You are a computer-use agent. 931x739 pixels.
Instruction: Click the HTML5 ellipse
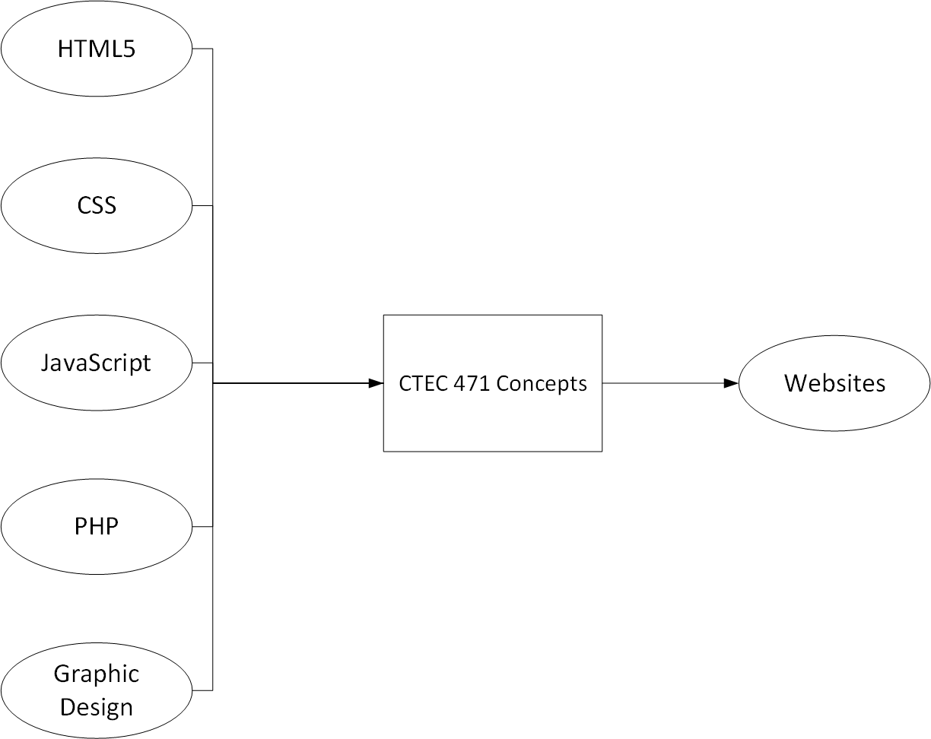tap(97, 49)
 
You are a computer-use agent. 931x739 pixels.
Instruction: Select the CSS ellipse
tap(97, 205)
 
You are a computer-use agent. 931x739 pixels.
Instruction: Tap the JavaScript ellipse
tap(97, 363)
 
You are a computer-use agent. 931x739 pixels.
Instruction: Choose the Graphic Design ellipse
tap(97, 690)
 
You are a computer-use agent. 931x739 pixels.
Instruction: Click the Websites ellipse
tap(834, 383)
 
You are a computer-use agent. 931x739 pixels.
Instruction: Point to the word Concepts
tap(542, 384)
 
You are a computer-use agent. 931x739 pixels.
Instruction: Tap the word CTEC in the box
tap(423, 384)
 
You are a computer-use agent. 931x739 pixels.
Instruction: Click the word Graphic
tap(97, 674)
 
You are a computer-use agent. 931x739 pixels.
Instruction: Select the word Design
tap(97, 707)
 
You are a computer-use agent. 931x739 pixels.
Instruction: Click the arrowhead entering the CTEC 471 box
tap(376, 383)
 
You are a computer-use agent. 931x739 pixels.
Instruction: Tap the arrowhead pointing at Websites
tap(731, 383)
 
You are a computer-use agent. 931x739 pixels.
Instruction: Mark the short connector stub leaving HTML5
tap(202, 49)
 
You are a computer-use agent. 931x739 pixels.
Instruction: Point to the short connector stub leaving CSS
tap(202, 205)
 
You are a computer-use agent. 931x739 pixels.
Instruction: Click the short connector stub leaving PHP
tap(202, 526)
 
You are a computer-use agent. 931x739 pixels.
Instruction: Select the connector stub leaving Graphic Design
tap(202, 690)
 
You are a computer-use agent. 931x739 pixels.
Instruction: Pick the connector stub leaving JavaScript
tap(202, 363)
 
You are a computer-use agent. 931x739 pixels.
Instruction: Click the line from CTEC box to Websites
tap(662, 383)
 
